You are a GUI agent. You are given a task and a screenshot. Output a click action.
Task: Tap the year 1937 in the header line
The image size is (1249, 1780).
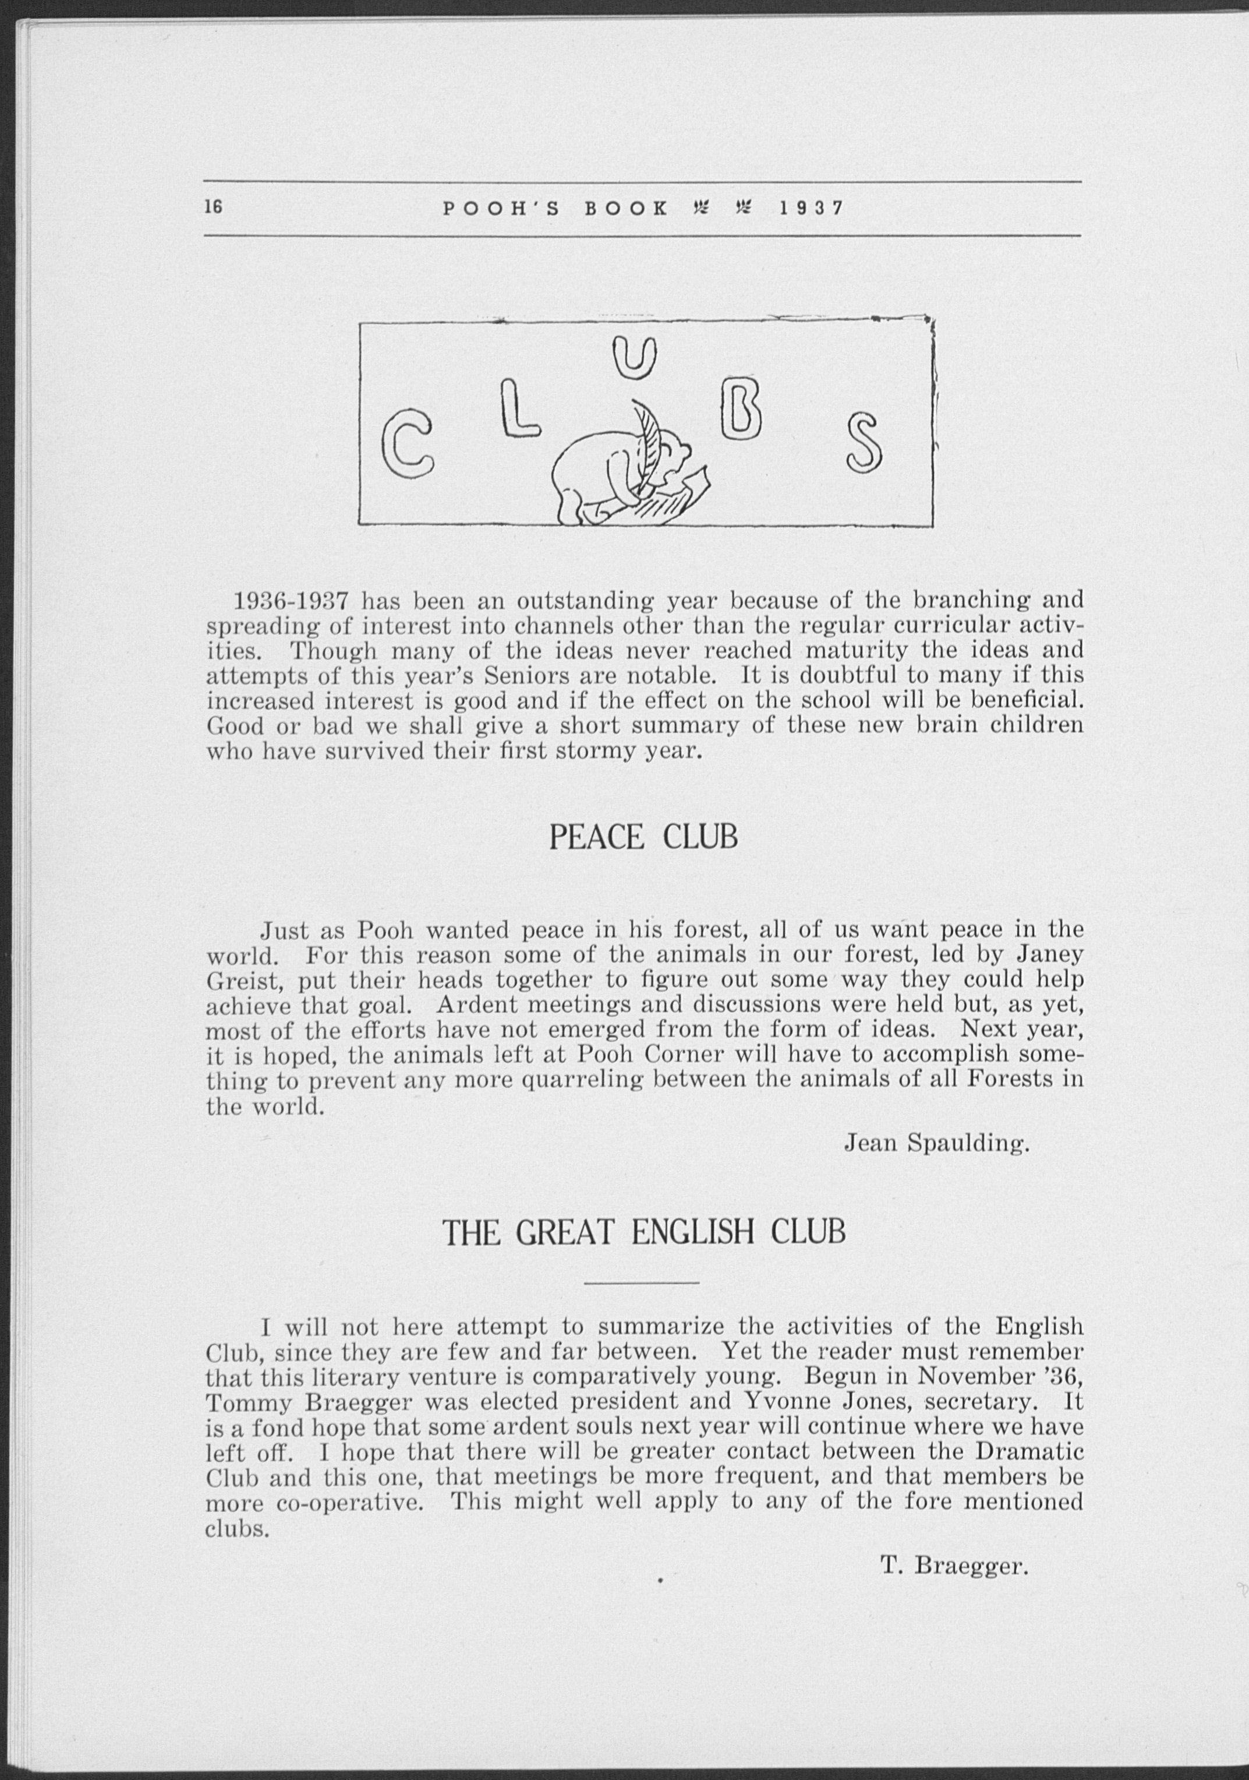811,208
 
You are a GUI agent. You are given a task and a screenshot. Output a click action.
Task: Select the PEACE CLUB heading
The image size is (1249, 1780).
642,839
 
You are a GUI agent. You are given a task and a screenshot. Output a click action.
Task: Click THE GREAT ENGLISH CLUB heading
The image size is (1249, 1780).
643,1233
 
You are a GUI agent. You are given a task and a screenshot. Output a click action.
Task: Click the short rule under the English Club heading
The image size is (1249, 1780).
642,1284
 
